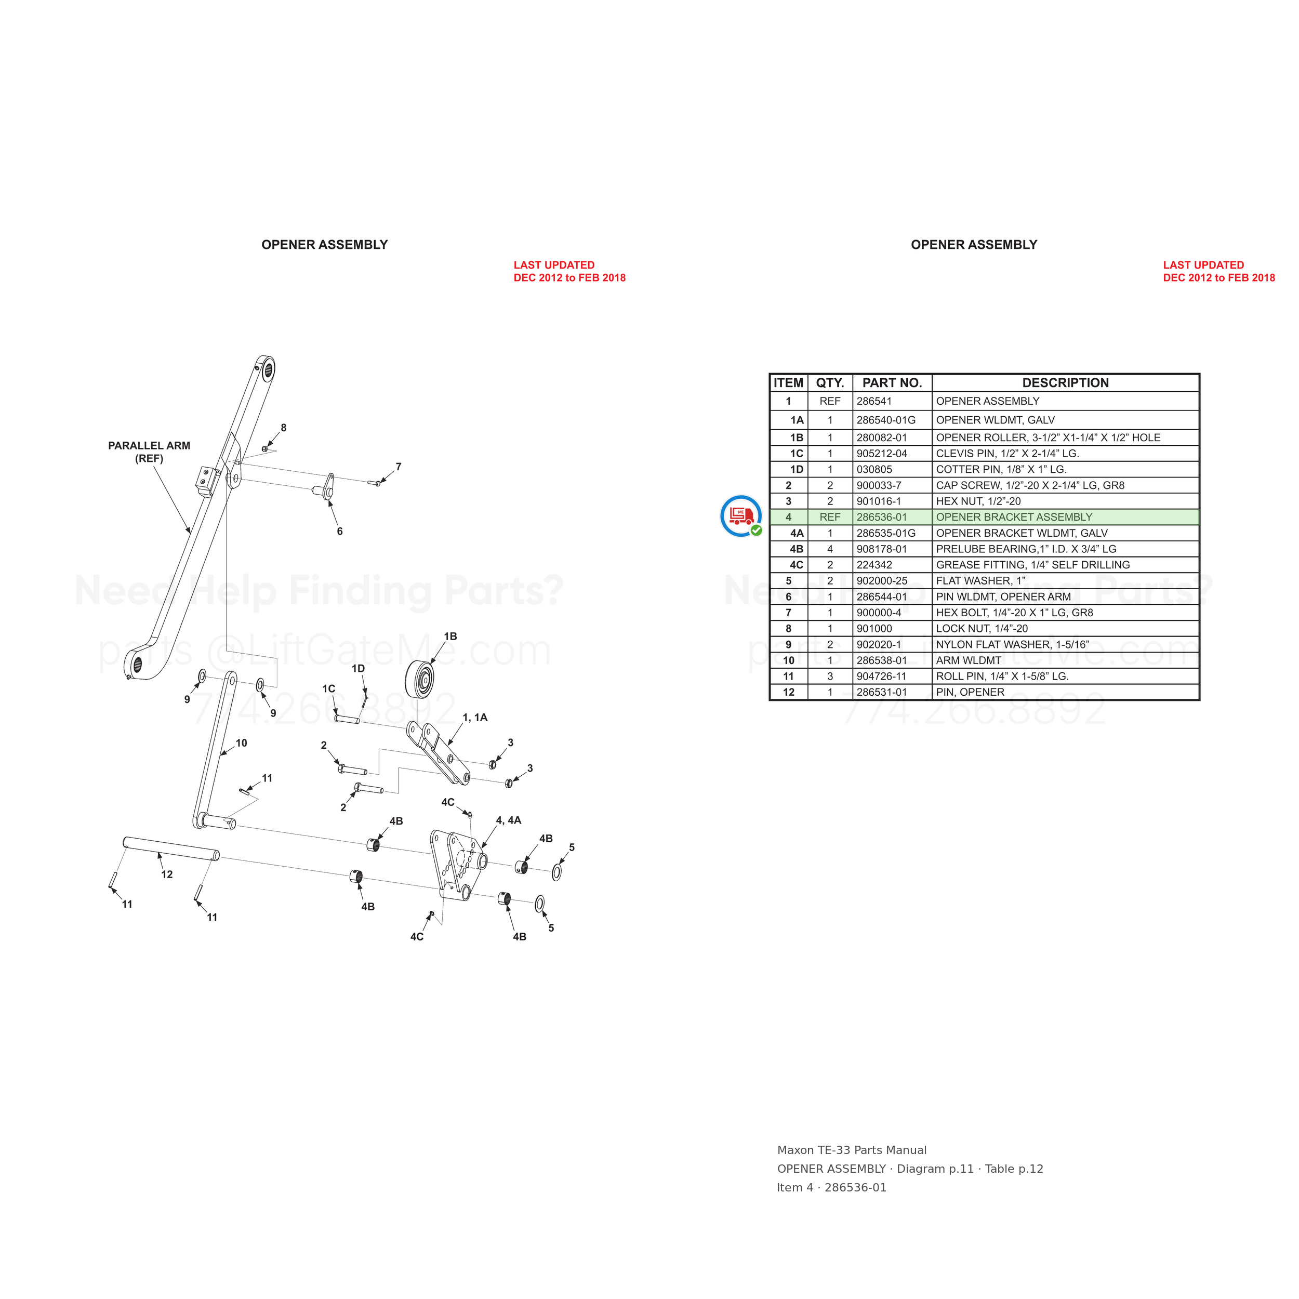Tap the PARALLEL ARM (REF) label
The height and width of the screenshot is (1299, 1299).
149,452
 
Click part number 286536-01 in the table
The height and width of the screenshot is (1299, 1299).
881,517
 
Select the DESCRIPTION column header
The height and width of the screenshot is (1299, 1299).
1065,382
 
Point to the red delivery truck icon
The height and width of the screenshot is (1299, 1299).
740,515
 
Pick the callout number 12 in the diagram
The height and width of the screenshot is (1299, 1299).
167,874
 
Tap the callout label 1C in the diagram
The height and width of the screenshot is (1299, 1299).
328,688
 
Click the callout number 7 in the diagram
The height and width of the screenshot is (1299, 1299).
399,466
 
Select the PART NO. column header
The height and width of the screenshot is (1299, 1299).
892,382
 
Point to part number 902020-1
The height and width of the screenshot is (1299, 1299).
879,644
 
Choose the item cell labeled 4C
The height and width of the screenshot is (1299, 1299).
796,565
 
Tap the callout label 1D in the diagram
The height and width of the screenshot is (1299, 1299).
359,668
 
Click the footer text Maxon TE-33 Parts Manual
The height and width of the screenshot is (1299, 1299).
852,1150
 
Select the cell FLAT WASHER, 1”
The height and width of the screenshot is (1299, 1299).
981,580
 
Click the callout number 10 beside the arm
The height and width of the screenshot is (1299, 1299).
242,743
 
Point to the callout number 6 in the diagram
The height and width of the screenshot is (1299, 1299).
339,531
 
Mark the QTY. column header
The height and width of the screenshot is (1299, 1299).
830,382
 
